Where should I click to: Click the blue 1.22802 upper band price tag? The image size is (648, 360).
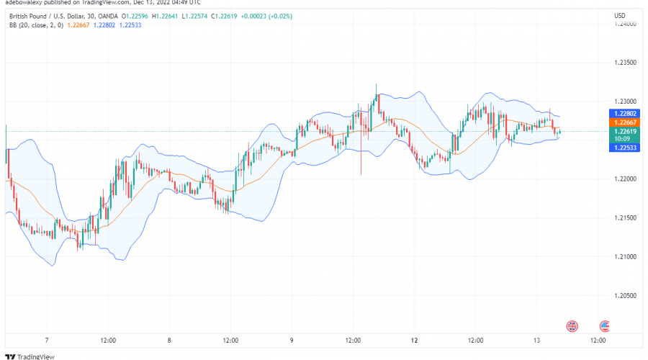[x=624, y=114]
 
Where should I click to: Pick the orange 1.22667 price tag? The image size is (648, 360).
[x=624, y=123]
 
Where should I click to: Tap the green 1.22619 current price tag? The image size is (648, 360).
[x=624, y=132]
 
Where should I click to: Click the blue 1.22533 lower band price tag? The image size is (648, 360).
[x=624, y=148]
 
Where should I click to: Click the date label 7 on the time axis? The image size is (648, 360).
[x=46, y=340]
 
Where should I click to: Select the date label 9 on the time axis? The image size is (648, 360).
[x=292, y=340]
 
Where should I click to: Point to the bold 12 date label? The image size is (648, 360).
[x=415, y=340]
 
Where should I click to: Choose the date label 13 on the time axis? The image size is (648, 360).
[x=537, y=340]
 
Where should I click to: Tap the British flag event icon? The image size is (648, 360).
[x=572, y=325]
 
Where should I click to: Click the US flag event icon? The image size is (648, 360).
[x=605, y=325]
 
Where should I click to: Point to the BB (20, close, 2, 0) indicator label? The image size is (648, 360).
[x=35, y=26]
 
